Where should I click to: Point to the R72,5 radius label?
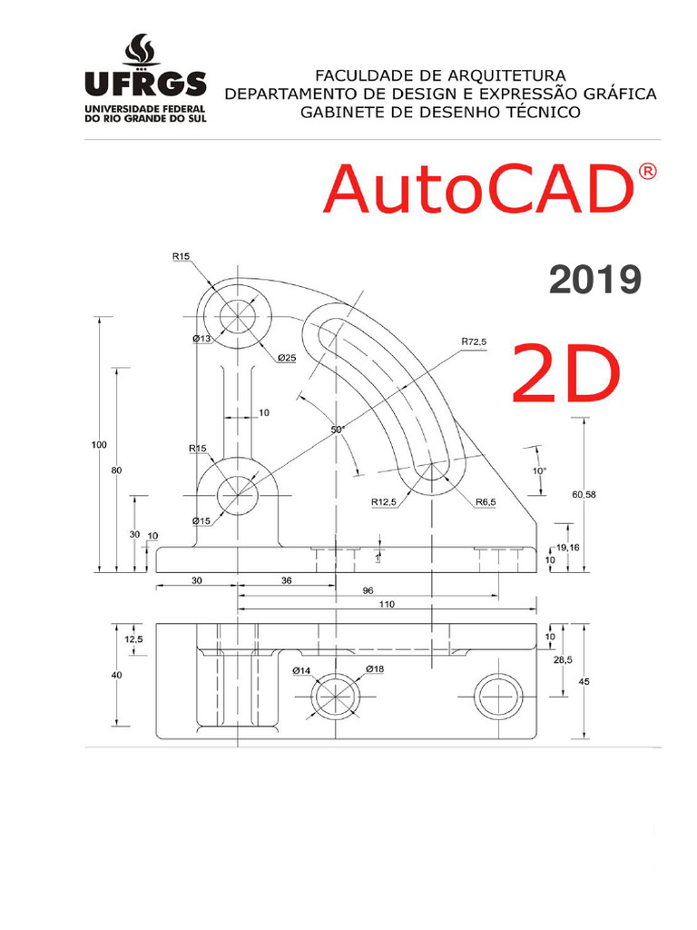coord(473,341)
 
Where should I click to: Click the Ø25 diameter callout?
coord(287,357)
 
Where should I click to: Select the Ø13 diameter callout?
coord(202,339)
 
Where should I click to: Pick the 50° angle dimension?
coord(338,429)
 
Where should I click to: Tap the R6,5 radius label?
coord(485,501)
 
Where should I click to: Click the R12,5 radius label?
coord(384,501)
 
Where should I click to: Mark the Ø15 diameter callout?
coord(201,520)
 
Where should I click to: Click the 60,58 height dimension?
coord(584,494)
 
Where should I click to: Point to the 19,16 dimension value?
coord(567,548)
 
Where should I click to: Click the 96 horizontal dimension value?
coord(368,589)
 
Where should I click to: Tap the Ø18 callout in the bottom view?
coord(375,669)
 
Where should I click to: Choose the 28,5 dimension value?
coord(563,660)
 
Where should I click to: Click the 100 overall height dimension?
coord(99,444)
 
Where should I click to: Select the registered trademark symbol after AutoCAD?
coord(646,173)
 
